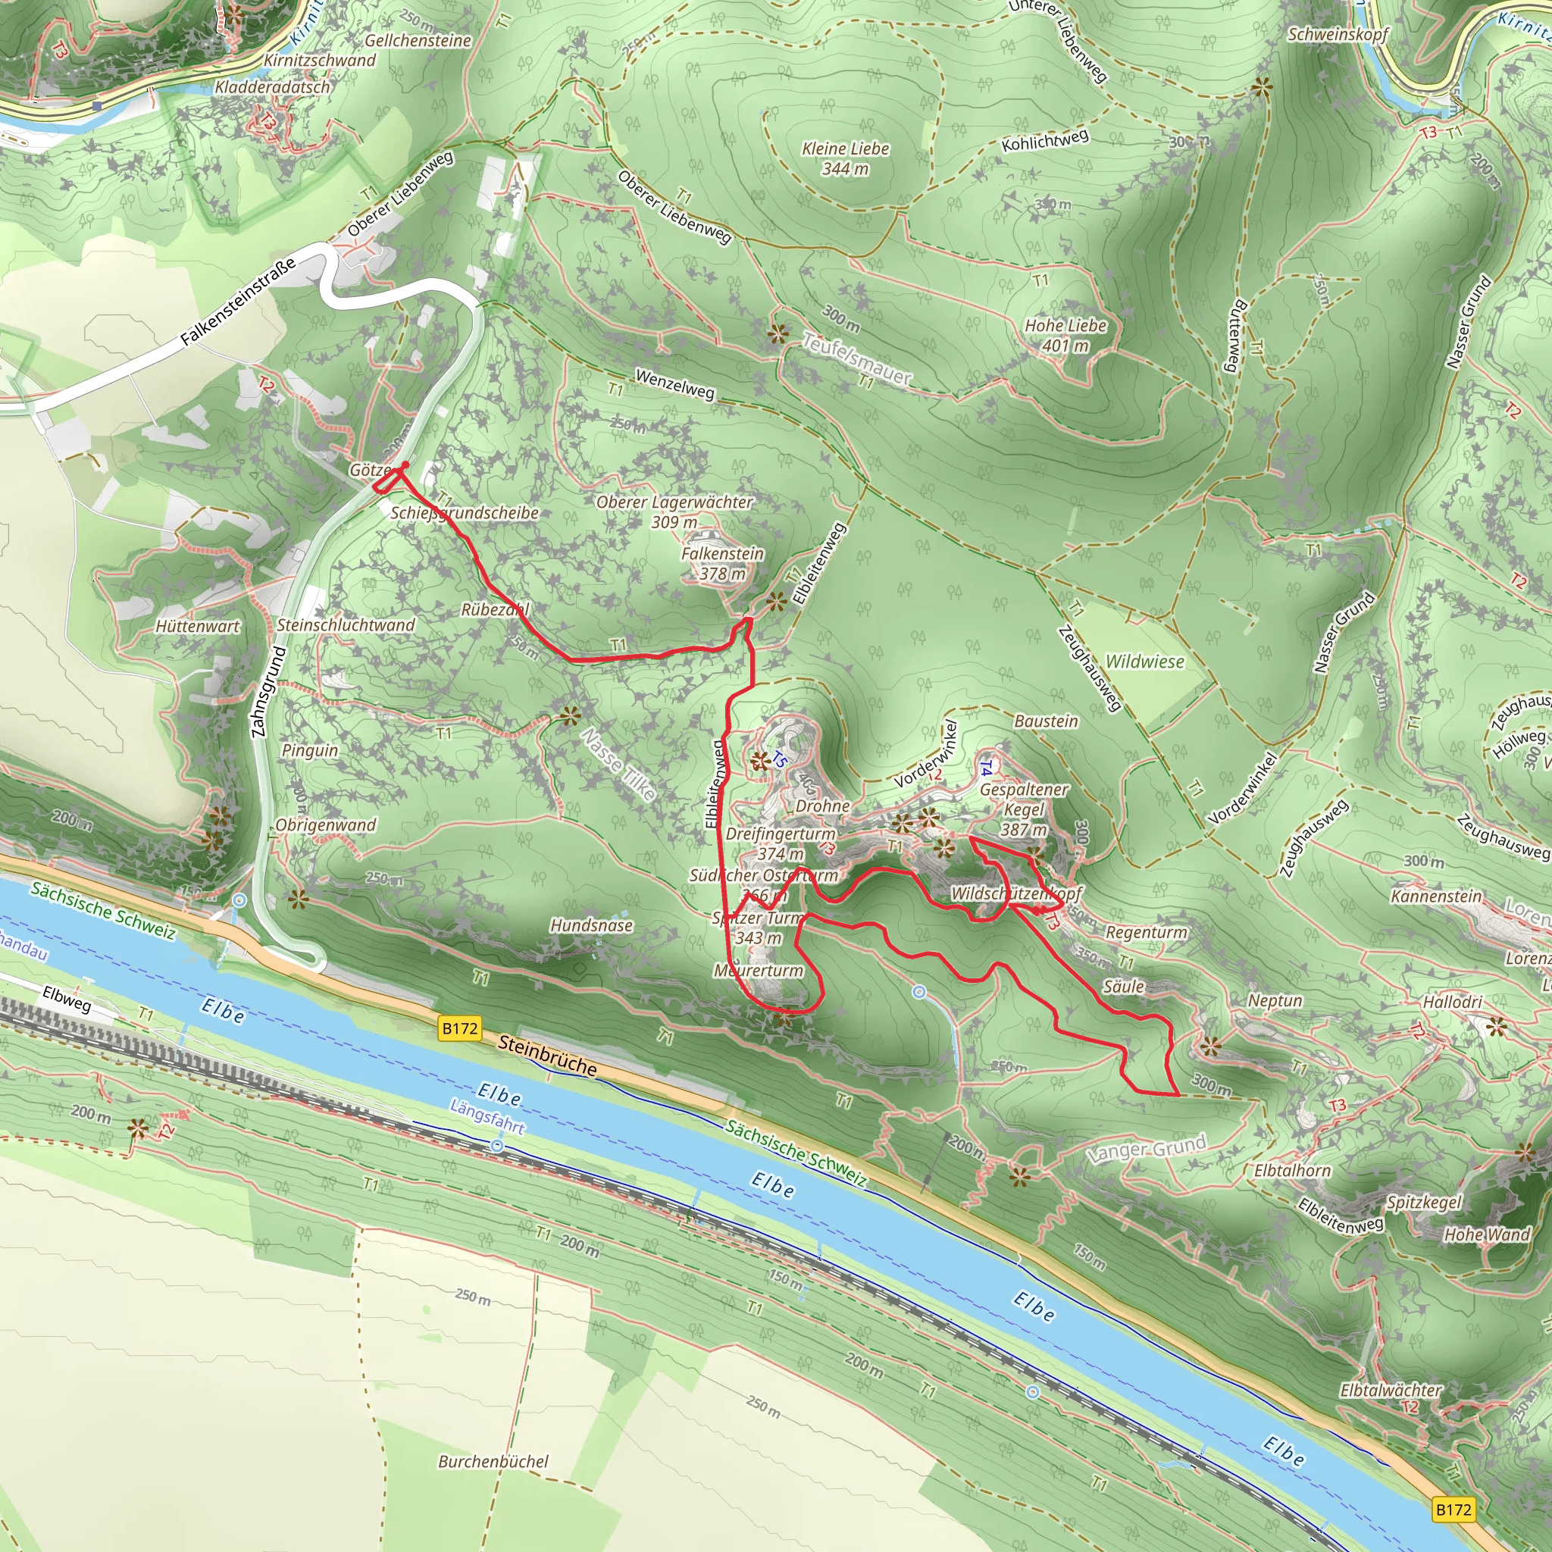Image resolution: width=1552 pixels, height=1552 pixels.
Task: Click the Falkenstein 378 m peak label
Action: click(722, 563)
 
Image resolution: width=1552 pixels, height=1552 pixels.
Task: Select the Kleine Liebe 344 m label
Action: click(845, 158)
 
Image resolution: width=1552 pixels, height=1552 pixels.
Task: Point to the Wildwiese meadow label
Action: click(1145, 661)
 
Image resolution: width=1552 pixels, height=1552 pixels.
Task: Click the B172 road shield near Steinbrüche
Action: click(459, 1028)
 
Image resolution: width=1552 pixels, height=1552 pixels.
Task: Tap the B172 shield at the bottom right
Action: click(1453, 1510)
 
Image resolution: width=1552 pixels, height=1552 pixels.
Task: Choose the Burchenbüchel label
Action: click(493, 1461)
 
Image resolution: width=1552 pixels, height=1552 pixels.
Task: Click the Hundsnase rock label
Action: click(591, 925)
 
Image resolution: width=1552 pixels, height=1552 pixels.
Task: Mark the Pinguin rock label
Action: click(309, 750)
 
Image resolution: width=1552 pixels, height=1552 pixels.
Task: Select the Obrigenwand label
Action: click(325, 825)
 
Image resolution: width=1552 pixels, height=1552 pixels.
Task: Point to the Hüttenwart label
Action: click(198, 626)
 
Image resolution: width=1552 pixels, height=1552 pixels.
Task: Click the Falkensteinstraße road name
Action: click(237, 300)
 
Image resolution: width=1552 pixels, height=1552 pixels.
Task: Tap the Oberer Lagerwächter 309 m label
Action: click(674, 512)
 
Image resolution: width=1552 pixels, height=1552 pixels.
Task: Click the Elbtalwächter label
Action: click(1391, 1390)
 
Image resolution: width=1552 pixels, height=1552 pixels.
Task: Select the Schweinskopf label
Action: click(1338, 34)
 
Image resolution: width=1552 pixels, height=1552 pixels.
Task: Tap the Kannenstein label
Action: click(1436, 896)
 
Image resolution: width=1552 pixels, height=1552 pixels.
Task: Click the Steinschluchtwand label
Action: click(346, 625)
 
